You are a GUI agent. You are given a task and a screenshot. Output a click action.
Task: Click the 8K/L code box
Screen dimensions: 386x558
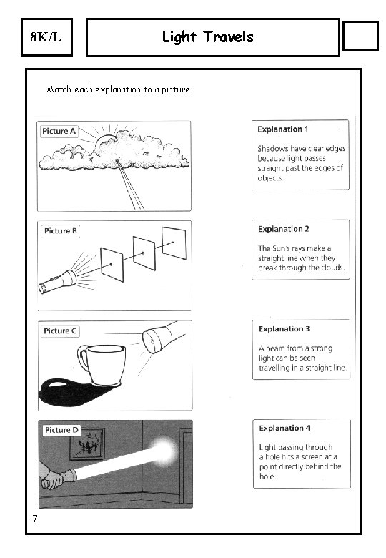tap(46, 37)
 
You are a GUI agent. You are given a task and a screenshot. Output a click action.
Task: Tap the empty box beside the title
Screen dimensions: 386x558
tap(360, 36)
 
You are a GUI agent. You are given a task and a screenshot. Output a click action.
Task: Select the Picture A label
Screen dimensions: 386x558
tap(59, 132)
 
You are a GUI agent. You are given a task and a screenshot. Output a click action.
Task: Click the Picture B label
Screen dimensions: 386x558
tap(61, 230)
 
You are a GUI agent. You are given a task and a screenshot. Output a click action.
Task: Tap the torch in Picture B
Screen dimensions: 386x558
tap(57, 282)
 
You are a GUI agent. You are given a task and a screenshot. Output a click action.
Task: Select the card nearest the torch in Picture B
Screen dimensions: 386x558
tap(112, 265)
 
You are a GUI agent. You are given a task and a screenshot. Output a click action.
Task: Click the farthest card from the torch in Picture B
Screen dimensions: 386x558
tap(174, 243)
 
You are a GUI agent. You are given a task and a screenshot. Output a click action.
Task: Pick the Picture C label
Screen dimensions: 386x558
tap(60, 331)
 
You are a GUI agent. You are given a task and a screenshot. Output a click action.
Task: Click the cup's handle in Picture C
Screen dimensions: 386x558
tap(83, 358)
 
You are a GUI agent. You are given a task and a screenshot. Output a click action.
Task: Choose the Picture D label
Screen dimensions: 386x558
tap(61, 430)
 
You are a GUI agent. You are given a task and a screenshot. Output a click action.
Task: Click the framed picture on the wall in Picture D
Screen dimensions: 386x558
tap(87, 444)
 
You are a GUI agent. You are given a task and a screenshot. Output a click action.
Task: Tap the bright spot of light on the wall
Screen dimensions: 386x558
tap(163, 451)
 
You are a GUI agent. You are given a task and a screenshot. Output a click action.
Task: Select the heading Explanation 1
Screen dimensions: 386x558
tap(283, 129)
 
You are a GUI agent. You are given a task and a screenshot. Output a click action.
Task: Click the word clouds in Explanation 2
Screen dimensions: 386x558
tap(332, 268)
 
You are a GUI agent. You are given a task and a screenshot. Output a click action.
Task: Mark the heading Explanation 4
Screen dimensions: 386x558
tap(284, 428)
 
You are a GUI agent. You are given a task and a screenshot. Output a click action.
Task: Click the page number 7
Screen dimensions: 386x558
tap(35, 519)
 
